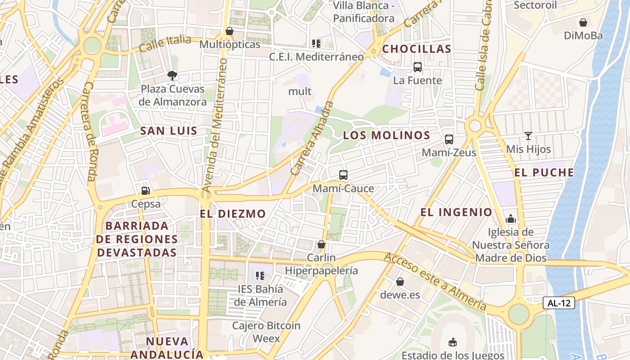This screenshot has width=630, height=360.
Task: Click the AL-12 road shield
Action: pyautogui.click(x=558, y=303)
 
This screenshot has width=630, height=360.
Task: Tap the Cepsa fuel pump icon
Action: pyautogui.click(x=145, y=191)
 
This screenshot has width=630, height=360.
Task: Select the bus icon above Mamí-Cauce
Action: pyautogui.click(x=343, y=175)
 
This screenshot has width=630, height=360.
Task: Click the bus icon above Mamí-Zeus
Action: pyautogui.click(x=449, y=139)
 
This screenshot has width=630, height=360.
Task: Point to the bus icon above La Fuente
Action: pyautogui.click(x=417, y=67)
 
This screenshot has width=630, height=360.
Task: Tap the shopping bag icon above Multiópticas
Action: pyautogui.click(x=229, y=31)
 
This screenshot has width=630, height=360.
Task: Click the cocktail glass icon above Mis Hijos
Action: pyautogui.click(x=528, y=135)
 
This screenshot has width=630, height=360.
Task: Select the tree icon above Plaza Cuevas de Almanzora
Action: pyautogui.click(x=172, y=75)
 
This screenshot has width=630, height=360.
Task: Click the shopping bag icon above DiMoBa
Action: pyautogui.click(x=583, y=22)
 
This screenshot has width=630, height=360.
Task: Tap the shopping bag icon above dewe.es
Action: pyautogui.click(x=400, y=282)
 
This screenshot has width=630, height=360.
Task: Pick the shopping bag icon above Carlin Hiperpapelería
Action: pyautogui.click(x=321, y=244)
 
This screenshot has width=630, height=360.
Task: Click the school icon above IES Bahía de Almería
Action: pyautogui.click(x=260, y=275)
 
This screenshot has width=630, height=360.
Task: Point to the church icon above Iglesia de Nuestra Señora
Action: pyautogui.click(x=511, y=219)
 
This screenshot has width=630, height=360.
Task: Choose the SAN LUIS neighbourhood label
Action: pyautogui.click(x=169, y=131)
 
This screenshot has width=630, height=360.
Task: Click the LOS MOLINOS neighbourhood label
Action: pyautogui.click(x=387, y=135)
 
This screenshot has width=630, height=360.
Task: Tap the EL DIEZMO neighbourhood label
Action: pyautogui.click(x=233, y=214)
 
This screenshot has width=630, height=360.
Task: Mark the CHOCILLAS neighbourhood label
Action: pyautogui.click(x=417, y=49)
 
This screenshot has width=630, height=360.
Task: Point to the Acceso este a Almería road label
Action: pyautogui.click(x=435, y=281)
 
